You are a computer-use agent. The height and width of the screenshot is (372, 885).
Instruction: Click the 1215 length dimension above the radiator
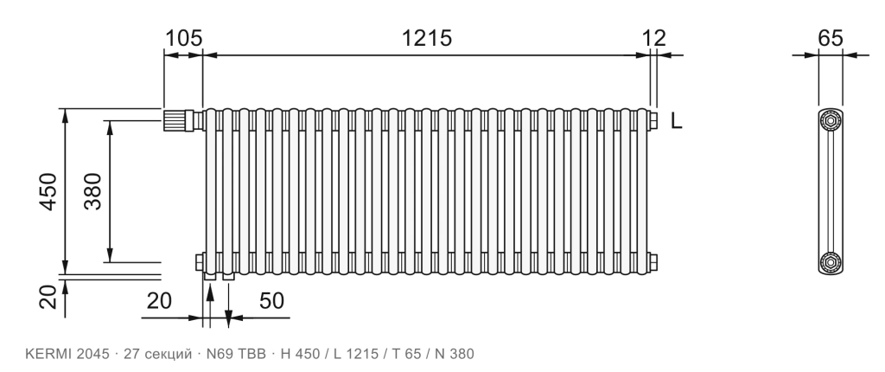(427, 38)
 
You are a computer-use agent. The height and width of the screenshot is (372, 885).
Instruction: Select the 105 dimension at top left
(183, 38)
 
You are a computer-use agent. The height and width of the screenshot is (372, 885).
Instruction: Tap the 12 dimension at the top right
(654, 38)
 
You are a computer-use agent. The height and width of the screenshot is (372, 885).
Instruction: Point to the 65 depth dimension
(831, 38)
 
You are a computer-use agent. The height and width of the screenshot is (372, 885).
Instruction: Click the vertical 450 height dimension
(49, 192)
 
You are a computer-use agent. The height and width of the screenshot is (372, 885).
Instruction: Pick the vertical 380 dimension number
(93, 192)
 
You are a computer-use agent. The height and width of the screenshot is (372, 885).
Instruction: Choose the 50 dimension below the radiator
(271, 301)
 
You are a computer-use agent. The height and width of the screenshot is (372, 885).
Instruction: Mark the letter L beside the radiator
(677, 120)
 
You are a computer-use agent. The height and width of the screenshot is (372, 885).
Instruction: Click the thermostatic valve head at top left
(175, 120)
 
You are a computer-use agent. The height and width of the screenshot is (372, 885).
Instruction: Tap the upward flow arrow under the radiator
(210, 306)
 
